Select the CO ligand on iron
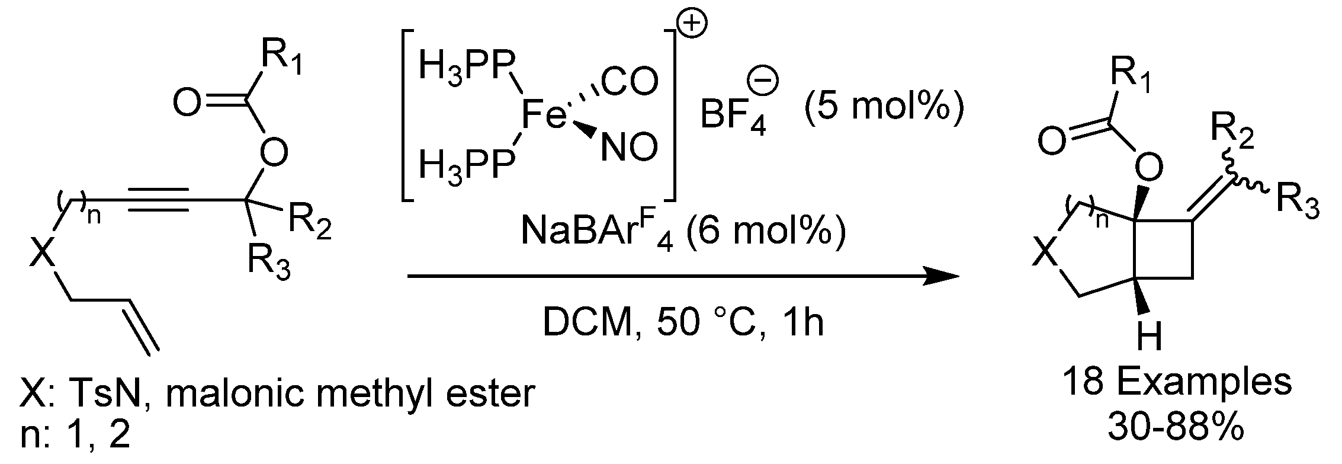click(630, 83)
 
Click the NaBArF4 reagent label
click(598, 233)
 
